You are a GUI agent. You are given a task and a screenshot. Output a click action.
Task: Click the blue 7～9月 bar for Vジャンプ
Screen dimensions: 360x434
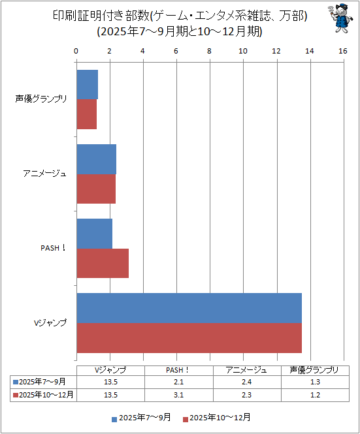click(189, 308)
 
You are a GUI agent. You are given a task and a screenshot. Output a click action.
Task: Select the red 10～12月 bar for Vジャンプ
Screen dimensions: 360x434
click(189, 338)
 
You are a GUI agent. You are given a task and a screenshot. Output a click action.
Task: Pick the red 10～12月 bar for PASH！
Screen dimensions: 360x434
click(103, 263)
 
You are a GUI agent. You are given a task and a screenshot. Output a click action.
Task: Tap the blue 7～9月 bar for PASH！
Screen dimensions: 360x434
click(95, 234)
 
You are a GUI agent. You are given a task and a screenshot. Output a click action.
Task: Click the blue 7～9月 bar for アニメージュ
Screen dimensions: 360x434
click(97, 159)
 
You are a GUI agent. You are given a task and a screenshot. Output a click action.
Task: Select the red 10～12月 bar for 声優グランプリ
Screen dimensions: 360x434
click(87, 114)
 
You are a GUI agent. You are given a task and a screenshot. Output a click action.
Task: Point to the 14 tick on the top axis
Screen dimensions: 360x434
click(310, 51)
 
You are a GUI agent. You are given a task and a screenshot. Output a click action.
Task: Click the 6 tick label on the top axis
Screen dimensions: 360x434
click(176, 51)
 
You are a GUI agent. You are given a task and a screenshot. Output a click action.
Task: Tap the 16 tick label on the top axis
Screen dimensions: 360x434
click(343, 51)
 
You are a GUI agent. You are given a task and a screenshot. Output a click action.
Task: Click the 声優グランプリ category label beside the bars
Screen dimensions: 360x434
click(41, 99)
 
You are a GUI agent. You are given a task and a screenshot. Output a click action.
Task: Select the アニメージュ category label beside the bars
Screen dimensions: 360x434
click(45, 174)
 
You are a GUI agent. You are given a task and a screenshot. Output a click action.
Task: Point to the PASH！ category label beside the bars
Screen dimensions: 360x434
click(53, 248)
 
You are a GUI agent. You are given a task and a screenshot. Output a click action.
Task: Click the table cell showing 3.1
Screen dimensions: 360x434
click(179, 395)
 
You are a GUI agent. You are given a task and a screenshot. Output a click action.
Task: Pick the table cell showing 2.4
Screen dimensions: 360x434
click(247, 382)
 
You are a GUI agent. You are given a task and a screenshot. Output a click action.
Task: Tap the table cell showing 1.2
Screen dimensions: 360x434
click(315, 395)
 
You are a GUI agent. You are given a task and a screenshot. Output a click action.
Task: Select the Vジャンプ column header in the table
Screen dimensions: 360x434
click(110, 370)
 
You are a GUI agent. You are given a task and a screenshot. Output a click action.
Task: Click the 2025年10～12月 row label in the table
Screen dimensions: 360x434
click(44, 395)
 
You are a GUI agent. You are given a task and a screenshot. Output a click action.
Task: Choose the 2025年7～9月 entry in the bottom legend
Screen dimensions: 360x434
click(141, 418)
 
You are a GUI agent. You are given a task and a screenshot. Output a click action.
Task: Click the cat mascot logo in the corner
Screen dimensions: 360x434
click(340, 18)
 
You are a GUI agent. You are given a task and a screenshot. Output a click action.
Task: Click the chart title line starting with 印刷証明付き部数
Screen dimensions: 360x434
click(180, 16)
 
